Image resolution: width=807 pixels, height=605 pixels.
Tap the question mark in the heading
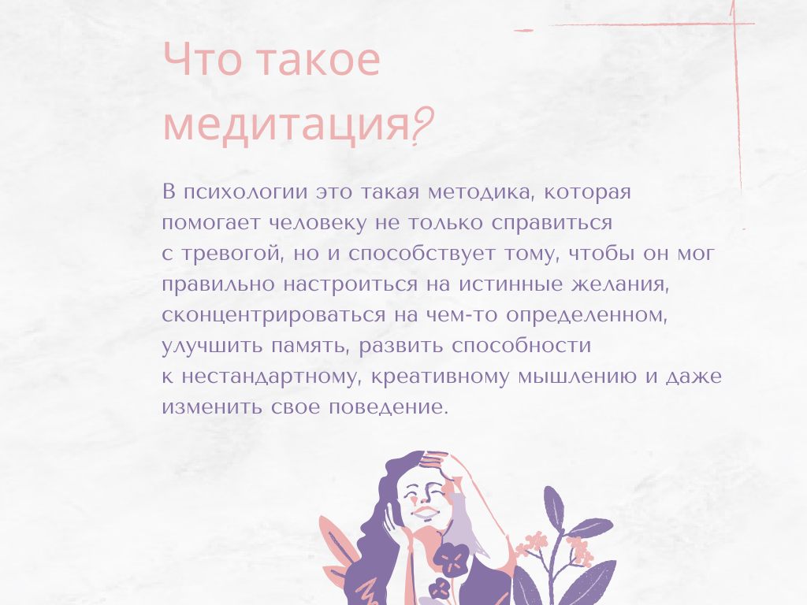pos(423,127)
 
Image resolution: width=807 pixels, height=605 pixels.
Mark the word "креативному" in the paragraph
pos(442,377)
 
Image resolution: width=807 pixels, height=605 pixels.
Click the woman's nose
pos(423,498)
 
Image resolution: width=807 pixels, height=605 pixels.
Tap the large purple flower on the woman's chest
pos(452,561)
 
